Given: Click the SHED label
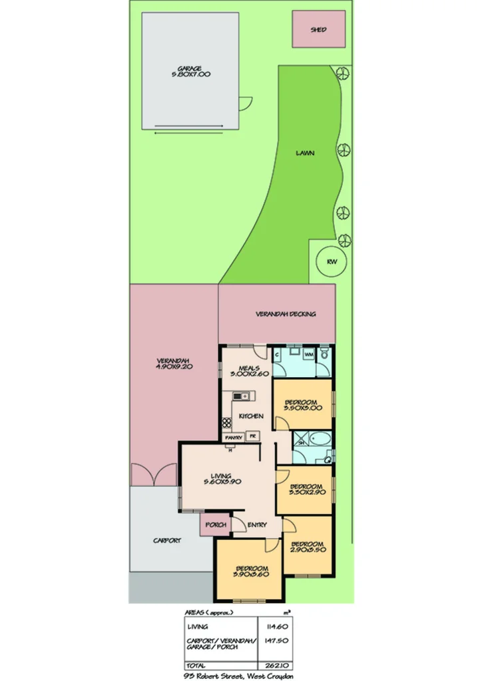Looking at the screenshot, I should coord(319,30).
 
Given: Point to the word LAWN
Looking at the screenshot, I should coord(306,153).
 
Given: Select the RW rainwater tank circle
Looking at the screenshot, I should coord(332,261).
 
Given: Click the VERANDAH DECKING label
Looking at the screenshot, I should coord(286,314).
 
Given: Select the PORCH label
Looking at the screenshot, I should coord(216,525).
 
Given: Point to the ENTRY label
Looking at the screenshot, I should coord(258,525).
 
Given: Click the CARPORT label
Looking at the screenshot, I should coord(167,541).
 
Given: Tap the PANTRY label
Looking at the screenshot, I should coord(233,438).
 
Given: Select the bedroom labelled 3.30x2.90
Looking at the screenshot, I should coord(306,490).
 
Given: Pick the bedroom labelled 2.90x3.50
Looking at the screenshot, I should coord(307,546).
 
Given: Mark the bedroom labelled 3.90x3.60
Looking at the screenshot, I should coord(250,571).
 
